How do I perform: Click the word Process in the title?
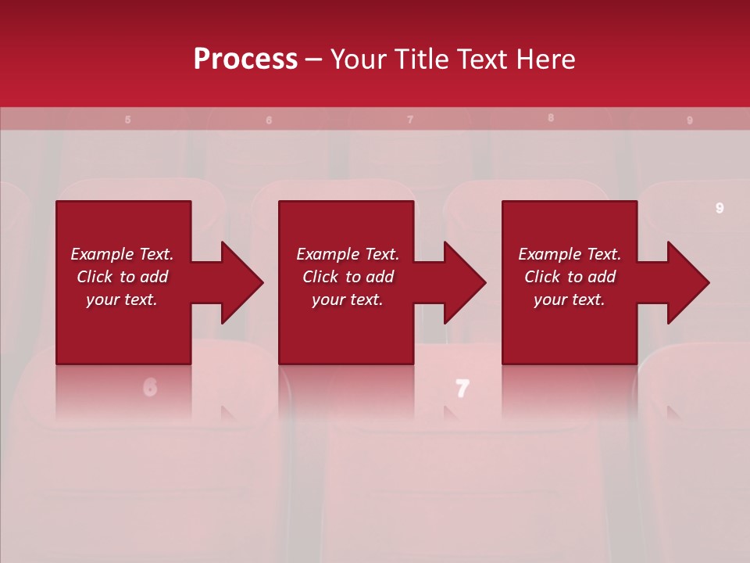pyautogui.click(x=245, y=59)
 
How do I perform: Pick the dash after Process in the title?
pyautogui.click(x=314, y=60)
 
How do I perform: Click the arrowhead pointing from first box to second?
pyautogui.click(x=242, y=282)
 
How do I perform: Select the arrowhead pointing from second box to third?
pyautogui.click(x=465, y=282)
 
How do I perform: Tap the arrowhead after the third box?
pyautogui.click(x=688, y=282)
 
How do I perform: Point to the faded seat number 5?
pyautogui.click(x=127, y=120)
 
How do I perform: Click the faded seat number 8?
pyautogui.click(x=551, y=118)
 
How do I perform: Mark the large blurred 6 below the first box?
pyautogui.click(x=150, y=386)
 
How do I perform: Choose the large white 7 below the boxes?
pyautogui.click(x=462, y=388)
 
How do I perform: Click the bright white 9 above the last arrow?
pyautogui.click(x=720, y=208)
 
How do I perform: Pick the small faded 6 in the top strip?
pyautogui.click(x=269, y=120)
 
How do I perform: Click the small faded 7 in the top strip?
pyautogui.click(x=410, y=120)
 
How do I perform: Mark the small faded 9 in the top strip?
pyautogui.click(x=689, y=120)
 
